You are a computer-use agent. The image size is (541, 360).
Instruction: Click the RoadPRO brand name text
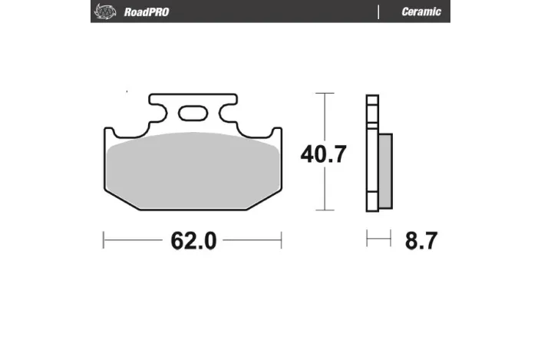[145, 12]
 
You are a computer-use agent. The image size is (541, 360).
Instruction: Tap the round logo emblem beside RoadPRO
[102, 12]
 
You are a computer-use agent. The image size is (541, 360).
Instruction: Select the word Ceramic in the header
[421, 12]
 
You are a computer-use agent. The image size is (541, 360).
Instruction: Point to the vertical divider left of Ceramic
[378, 12]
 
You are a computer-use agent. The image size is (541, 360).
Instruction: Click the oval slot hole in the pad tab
[193, 114]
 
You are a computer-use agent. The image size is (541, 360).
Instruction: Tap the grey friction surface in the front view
[192, 169]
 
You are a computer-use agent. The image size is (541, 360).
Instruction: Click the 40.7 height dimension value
[324, 154]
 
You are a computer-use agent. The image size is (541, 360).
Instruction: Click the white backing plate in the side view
[372, 154]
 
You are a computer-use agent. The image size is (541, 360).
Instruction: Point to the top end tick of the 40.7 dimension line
[326, 94]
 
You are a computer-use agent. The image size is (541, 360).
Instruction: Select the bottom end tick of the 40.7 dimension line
[326, 210]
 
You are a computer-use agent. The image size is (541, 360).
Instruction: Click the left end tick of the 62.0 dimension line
[104, 240]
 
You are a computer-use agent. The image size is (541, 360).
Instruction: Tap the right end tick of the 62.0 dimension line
[281, 240]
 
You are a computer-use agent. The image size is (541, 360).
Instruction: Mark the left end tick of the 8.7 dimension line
[368, 240]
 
